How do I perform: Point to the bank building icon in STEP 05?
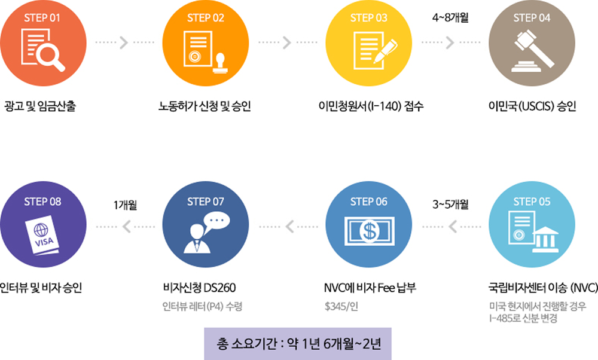click(545, 239)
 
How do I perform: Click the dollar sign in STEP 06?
click(369, 231)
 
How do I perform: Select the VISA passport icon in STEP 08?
click(42, 235)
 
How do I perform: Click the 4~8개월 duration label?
click(450, 17)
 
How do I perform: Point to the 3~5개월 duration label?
click(450, 205)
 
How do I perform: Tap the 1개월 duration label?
click(125, 205)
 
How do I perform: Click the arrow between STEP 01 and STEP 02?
click(124, 42)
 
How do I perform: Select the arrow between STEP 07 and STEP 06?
click(289, 227)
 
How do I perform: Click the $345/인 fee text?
click(341, 306)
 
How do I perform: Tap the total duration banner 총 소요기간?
click(298, 344)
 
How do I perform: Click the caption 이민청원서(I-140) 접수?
click(371, 106)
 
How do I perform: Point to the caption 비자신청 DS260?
click(200, 287)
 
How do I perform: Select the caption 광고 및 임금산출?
click(40, 106)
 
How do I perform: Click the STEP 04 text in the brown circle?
click(532, 18)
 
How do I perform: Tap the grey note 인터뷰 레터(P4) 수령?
click(202, 306)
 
